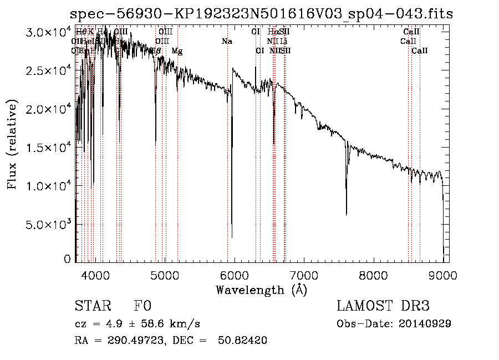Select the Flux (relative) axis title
pyautogui.click(x=12, y=146)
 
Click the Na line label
pyautogui.click(x=227, y=41)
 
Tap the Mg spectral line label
pyautogui.click(x=177, y=51)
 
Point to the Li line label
pyautogui.click(x=283, y=41)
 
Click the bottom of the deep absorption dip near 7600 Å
pyautogui.click(x=347, y=214)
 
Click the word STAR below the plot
pyautogui.click(x=92, y=306)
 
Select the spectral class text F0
pyautogui.click(x=142, y=306)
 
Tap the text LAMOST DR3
pyautogui.click(x=383, y=306)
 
